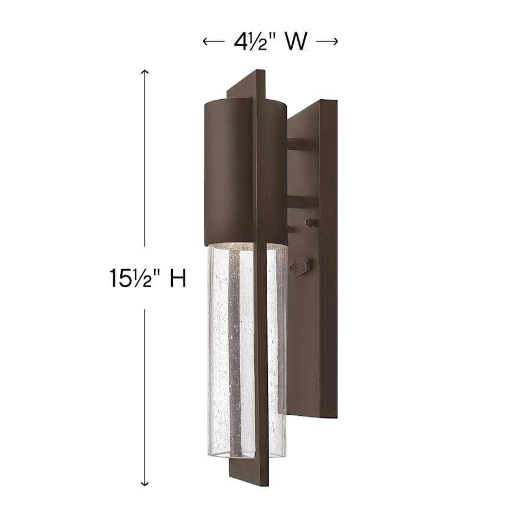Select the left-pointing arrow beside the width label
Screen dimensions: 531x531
[211, 41]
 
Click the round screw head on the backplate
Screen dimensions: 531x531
[308, 222]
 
